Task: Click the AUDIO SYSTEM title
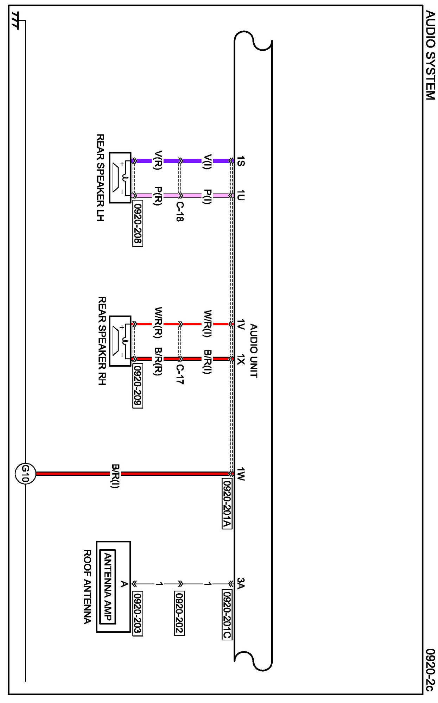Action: [430, 55]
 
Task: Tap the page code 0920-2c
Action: [430, 670]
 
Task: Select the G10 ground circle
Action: [25, 474]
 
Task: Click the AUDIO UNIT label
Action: [254, 351]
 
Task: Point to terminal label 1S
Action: [241, 161]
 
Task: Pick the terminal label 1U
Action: [241, 195]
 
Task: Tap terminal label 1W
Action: [241, 474]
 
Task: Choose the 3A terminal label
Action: [241, 583]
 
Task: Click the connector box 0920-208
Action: [138, 223]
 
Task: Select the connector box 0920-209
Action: [138, 386]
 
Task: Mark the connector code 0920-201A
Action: [227, 503]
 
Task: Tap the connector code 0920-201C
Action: [227, 614]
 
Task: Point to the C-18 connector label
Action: [179, 211]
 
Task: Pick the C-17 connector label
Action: [179, 374]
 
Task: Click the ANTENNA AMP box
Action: [108, 587]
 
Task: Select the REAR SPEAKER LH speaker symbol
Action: [120, 178]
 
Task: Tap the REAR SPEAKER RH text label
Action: [102, 341]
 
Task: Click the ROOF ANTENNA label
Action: [87, 587]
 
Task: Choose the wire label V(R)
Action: [158, 160]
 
